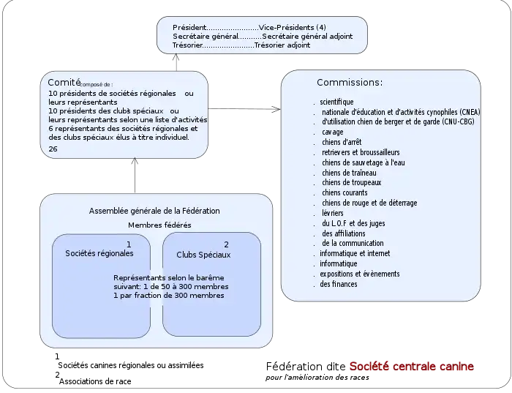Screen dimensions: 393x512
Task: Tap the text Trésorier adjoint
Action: coord(282,45)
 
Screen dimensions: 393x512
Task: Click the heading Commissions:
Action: coord(349,83)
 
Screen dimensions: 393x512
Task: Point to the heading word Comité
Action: coord(63,83)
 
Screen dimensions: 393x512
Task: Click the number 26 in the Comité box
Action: coord(53,149)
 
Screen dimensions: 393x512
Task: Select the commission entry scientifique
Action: coord(336,101)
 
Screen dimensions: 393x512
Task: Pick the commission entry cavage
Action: coord(332,132)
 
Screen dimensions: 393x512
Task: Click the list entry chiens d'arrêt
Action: coord(342,142)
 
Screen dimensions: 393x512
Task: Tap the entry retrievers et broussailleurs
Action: coord(361,152)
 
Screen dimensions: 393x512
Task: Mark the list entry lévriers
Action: coord(333,212)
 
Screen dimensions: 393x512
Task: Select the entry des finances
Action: coord(339,283)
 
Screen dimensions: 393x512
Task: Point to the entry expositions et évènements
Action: coord(359,274)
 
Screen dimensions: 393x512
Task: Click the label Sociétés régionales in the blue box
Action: coord(99,253)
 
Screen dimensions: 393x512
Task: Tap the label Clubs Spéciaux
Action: coord(203,255)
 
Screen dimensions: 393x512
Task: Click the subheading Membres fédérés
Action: coord(159,225)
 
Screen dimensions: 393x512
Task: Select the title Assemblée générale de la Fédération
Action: coord(154,211)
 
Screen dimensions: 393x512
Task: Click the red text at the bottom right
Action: coord(411,367)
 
